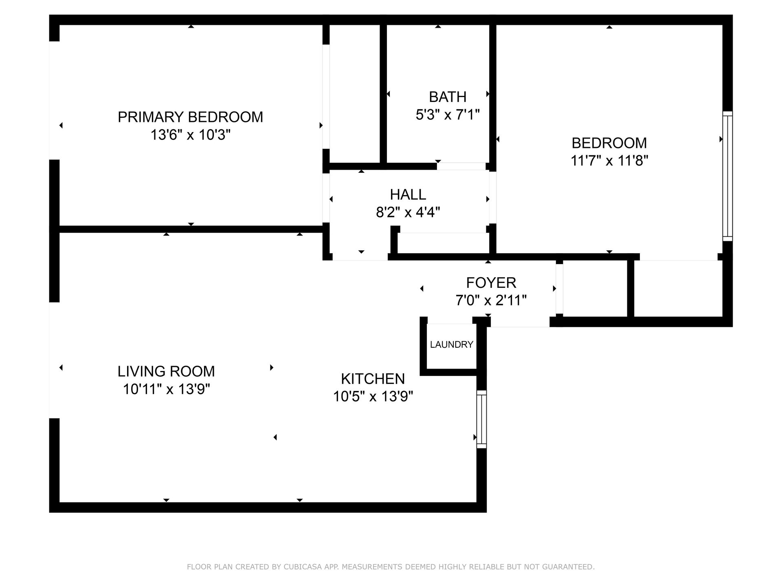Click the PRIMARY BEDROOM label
190,117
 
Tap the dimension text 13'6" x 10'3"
190,135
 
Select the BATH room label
447,97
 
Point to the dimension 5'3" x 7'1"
447,115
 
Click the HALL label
408,194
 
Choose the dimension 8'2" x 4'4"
408,212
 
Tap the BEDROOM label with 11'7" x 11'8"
609,143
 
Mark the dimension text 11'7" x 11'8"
609,161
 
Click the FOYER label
491,282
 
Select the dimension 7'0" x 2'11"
491,301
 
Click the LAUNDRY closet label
451,344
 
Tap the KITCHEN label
373,379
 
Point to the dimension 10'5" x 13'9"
373,396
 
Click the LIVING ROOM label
166,371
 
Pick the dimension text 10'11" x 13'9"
166,389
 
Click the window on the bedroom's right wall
727,176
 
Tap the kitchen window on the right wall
481,419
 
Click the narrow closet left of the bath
354,94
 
